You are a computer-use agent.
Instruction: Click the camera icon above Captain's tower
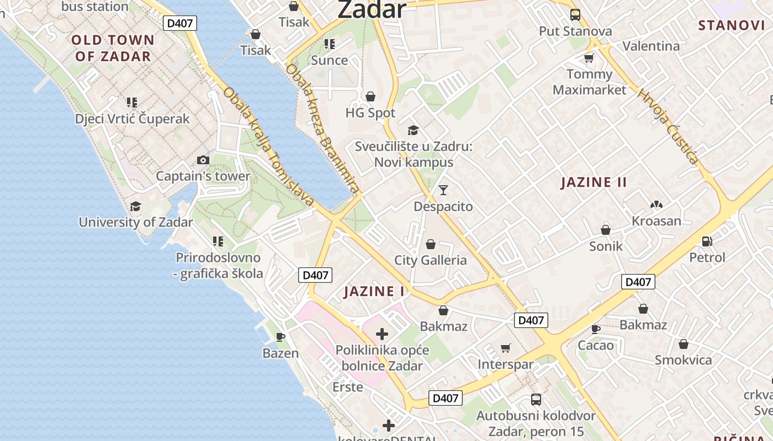coord(203,160)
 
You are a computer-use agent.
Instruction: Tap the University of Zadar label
coord(136,222)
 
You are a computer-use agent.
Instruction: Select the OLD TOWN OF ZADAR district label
coord(113,48)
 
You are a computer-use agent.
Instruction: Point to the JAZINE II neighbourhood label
coord(594,182)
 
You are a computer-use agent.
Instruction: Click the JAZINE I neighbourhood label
coord(374,292)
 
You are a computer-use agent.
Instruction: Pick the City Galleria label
coord(430,260)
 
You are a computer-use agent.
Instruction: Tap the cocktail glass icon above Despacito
coord(443,190)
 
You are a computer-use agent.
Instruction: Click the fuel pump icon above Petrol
coord(707,241)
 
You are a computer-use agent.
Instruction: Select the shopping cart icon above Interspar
coord(505,348)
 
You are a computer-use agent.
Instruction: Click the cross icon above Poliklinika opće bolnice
coord(382,334)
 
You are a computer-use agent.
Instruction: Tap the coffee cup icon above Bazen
coord(280,336)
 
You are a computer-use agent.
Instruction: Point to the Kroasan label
coord(656,221)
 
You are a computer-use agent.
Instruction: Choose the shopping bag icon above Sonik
coord(606,230)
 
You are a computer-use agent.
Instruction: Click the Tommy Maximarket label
coord(590,82)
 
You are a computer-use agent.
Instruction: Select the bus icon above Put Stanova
coord(575,15)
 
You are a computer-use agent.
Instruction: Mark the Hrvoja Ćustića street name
coord(668,126)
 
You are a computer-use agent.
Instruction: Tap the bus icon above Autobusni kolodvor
coord(536,400)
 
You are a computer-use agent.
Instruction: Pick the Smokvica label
coord(683,360)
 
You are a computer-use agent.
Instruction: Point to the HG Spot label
coord(370,113)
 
